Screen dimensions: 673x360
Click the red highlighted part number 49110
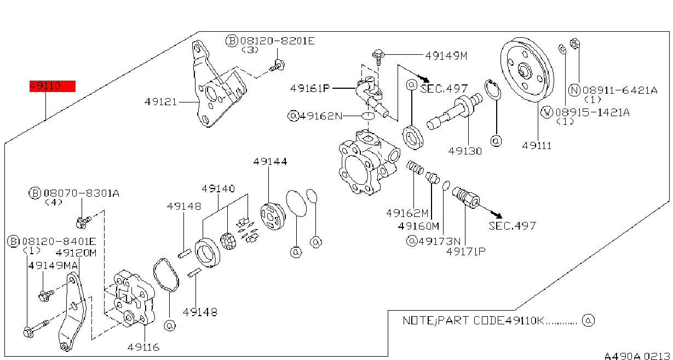click(52, 86)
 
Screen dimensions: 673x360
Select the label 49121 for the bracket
click(161, 102)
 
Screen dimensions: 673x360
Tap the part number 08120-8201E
click(277, 41)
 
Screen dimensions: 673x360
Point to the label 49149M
click(446, 56)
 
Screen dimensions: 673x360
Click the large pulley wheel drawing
click(527, 70)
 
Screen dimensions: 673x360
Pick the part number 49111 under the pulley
click(537, 146)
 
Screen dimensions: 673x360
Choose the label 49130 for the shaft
click(465, 151)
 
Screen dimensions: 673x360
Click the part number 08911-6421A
click(620, 90)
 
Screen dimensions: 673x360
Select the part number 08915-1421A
click(593, 112)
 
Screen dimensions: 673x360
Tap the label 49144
click(270, 162)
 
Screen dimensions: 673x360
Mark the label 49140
click(218, 189)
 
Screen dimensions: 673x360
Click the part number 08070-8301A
click(82, 193)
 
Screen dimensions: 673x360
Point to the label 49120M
click(76, 253)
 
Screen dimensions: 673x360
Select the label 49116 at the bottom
click(143, 347)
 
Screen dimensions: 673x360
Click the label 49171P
click(465, 252)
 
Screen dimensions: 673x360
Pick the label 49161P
click(310, 88)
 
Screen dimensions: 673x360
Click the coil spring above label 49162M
click(415, 168)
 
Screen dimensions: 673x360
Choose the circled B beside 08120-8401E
click(13, 242)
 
